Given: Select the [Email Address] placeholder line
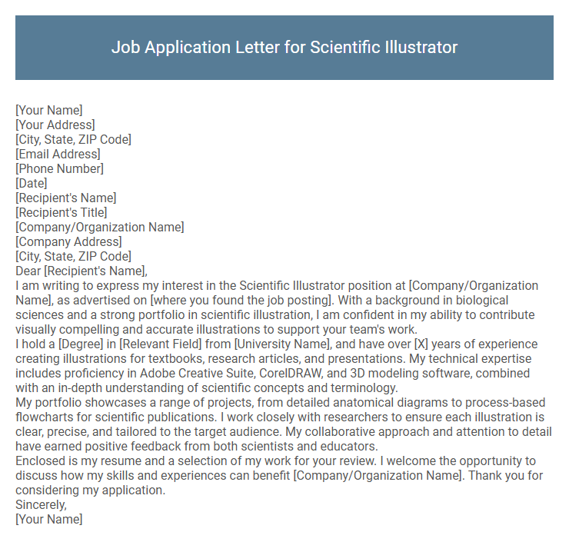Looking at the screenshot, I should click(x=58, y=154).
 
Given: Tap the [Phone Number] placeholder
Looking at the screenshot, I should click(x=59, y=168).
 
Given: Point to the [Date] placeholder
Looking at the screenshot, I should click(x=32, y=183).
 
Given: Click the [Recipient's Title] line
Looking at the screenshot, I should click(x=62, y=212).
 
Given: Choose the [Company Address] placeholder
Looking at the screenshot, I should click(x=68, y=241).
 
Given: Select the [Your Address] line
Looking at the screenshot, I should click(x=55, y=125).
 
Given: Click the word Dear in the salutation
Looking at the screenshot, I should click(x=28, y=271).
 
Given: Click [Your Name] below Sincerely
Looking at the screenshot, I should click(x=48, y=519).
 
